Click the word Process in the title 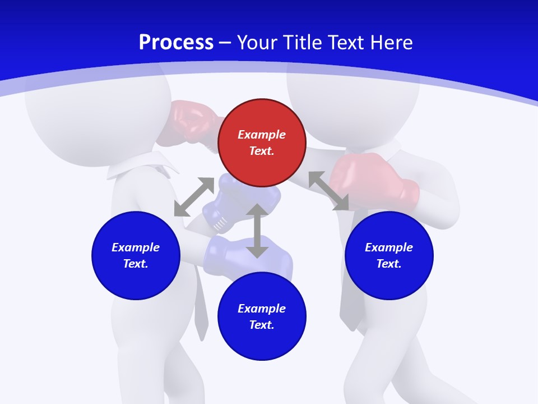176,43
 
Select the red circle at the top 262,143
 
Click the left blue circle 136,255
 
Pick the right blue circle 389,255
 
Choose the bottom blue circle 262,316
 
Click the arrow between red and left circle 194,197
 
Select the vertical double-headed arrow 257,231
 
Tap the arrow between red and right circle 328,191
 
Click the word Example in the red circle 262,135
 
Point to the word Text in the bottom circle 261,325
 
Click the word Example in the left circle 136,247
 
